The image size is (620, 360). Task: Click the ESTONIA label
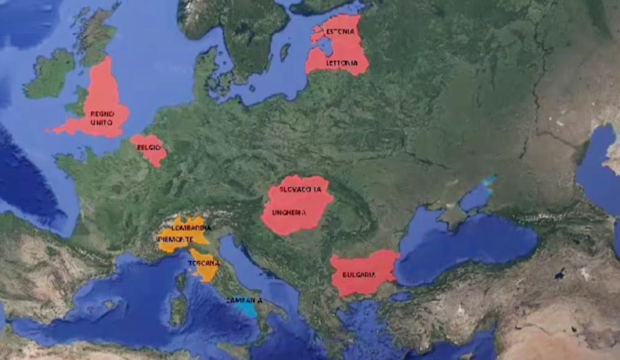click(x=340, y=32)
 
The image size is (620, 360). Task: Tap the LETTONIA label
click(x=342, y=63)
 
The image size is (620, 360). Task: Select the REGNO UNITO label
click(x=102, y=117)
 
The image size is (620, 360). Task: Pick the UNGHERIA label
click(x=289, y=213)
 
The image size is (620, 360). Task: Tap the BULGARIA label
click(x=359, y=274)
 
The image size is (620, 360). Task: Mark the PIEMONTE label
click(x=175, y=239)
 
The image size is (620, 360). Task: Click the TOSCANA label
click(x=204, y=263)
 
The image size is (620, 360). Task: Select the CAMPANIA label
click(x=244, y=301)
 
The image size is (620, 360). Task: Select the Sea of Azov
click(x=475, y=197)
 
